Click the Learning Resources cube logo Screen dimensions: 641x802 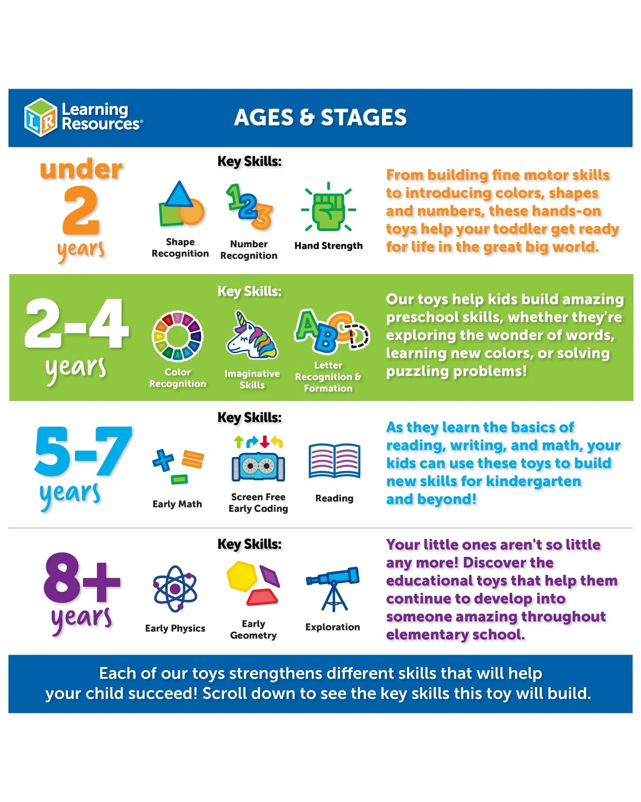point(41,117)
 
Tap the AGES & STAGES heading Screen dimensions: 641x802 point(320,117)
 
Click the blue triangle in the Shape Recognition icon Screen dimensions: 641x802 point(179,194)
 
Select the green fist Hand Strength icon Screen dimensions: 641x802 point(329,210)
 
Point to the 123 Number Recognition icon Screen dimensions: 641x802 point(249,207)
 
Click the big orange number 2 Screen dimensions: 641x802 point(81,210)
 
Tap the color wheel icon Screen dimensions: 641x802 point(177,336)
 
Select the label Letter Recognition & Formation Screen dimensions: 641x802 point(328,377)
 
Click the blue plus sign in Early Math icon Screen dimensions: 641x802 point(163,460)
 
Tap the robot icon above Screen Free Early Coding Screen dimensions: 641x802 point(258,467)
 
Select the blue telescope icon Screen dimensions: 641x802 point(333,589)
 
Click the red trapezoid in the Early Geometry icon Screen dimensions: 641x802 point(262,597)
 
